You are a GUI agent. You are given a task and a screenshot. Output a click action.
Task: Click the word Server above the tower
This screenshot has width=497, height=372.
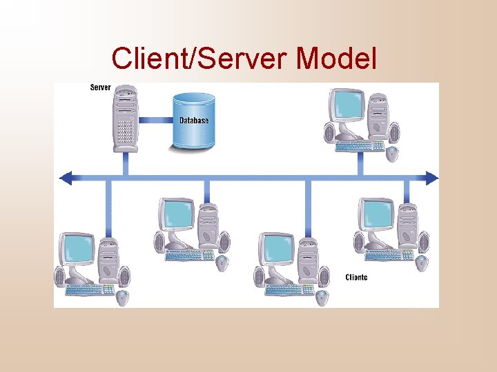click(x=101, y=87)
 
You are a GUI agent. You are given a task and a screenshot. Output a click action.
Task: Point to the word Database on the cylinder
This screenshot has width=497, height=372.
click(x=194, y=121)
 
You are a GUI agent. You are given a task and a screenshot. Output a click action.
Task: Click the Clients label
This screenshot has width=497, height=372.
click(x=356, y=278)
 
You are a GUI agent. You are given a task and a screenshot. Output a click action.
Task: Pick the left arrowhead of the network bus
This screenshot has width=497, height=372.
click(x=66, y=178)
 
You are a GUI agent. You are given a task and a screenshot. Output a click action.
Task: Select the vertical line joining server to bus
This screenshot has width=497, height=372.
click(x=125, y=163)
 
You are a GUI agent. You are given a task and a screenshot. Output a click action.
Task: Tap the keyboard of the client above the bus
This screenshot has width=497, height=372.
click(x=359, y=145)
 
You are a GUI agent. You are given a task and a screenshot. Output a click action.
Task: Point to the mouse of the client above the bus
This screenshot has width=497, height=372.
click(x=392, y=152)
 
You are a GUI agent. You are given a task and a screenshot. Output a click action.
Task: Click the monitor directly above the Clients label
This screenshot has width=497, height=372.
click(x=376, y=215)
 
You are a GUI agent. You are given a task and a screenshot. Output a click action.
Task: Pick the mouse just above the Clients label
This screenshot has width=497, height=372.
click(x=421, y=262)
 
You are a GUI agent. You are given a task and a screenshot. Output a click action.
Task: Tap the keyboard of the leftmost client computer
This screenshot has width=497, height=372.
click(x=90, y=290)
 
